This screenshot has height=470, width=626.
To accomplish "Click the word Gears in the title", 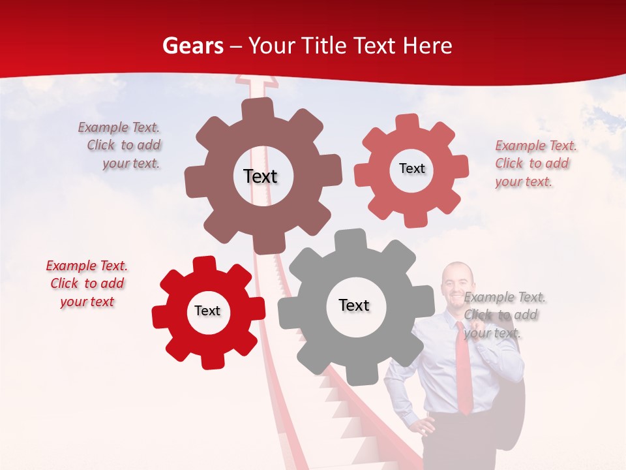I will [x=192, y=46].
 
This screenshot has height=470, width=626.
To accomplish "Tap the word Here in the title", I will [x=427, y=46].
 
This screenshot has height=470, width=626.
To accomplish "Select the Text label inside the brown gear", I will [x=260, y=176].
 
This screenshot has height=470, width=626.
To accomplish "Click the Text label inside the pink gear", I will [x=411, y=168].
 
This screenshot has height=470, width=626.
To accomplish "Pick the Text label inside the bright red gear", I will [x=207, y=311].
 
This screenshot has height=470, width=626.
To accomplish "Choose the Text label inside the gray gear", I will [x=354, y=305].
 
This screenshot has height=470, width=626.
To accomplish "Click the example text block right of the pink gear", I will [x=535, y=163].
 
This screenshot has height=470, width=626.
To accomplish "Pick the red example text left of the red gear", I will [x=87, y=284].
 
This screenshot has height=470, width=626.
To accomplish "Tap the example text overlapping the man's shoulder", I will [x=503, y=315].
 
